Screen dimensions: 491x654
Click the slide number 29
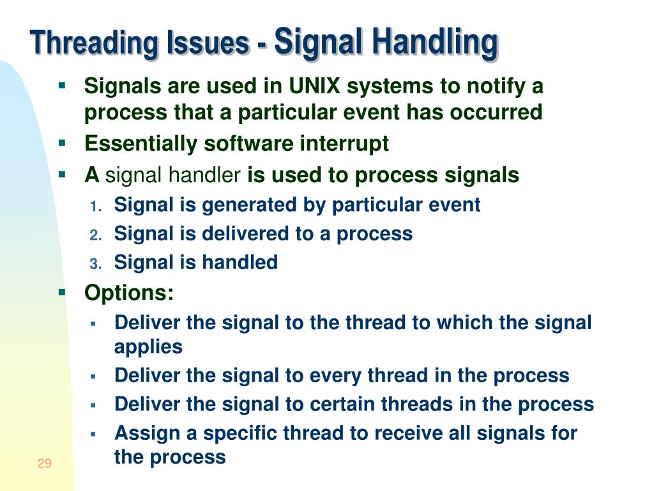(44, 464)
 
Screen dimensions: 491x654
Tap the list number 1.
(95, 207)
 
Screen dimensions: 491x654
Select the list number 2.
(95, 235)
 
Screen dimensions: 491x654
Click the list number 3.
(95, 263)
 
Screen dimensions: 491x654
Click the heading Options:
(129, 293)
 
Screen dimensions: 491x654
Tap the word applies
(148, 347)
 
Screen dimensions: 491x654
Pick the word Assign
(147, 433)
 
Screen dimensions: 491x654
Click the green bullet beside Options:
(62, 293)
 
